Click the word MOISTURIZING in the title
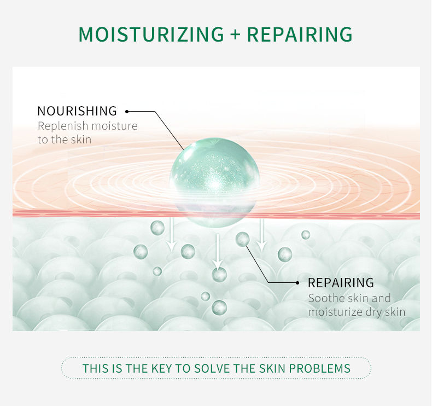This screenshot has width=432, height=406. [151, 34]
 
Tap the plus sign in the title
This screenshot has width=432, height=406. [235, 34]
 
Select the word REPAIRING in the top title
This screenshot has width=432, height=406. [300, 34]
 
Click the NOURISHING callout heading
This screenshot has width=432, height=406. [77, 111]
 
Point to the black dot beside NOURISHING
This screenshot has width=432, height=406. [127, 112]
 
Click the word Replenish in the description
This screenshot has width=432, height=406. [63, 126]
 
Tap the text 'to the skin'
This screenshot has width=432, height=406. [65, 140]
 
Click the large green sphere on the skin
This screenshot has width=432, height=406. [214, 182]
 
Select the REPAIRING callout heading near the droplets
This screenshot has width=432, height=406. [341, 282]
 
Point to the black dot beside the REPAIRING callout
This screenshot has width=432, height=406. [297, 283]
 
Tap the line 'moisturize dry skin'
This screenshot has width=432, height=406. [357, 312]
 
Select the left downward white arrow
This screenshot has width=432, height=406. [172, 234]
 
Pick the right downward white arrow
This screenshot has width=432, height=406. [261, 235]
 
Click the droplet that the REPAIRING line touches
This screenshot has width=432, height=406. [242, 239]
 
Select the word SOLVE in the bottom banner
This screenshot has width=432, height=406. [212, 368]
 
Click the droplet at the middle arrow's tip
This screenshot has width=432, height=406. [219, 275]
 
